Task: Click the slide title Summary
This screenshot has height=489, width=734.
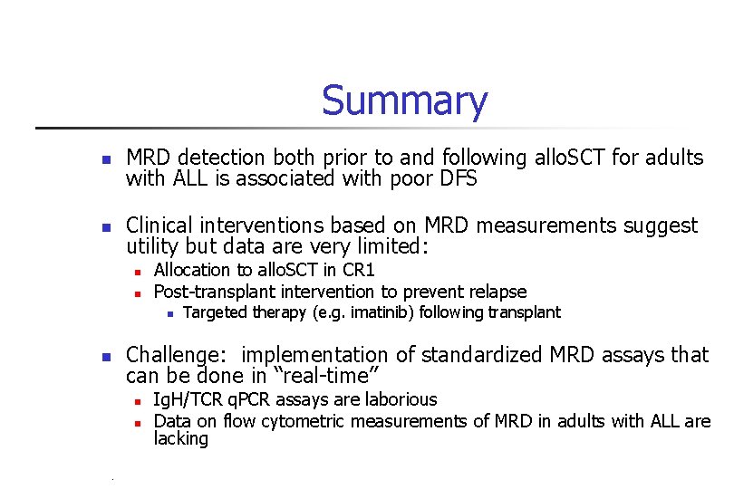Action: (404, 101)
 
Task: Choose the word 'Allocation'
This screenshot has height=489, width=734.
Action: (192, 270)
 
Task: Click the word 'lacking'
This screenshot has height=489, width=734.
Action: (181, 439)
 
